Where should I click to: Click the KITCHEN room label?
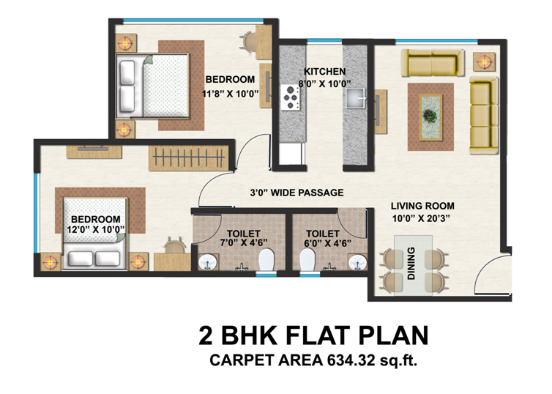pos(324,72)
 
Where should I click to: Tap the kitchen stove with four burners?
pos(291,97)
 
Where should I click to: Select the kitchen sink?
pos(355,98)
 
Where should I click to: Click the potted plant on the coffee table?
pos(430,116)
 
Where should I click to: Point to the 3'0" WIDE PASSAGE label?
pos(296,193)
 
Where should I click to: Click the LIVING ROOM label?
pos(422,206)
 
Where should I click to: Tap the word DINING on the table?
pos(411,264)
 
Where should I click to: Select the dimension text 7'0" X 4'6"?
pos(244,242)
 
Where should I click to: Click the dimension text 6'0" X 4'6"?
pos(327,242)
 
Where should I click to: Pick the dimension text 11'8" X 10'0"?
pos(230,94)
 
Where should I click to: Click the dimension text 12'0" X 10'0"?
pos(96,229)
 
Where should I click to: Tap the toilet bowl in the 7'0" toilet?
pos(266,260)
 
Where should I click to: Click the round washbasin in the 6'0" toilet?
pos(358,262)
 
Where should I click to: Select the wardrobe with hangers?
pos(189,158)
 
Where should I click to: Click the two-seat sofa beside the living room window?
pos(433,62)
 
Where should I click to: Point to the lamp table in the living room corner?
pos(485,62)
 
